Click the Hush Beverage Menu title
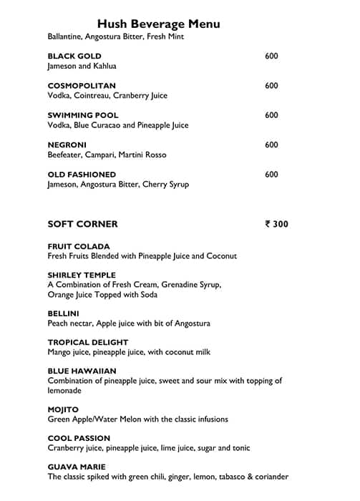pos(158,24)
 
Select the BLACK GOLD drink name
pos(74,56)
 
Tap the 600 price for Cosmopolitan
pos(271,86)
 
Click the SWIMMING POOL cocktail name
pos(83,115)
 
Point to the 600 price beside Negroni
pos(271,145)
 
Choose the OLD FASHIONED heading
pos(82,174)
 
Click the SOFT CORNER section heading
pos(82,224)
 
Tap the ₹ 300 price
pos(276,224)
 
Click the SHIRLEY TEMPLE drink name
pos(82,275)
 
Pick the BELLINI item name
pos(64,313)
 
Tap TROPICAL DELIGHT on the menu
pos(88,342)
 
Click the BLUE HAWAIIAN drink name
pos(82,371)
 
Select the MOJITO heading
pos(63,409)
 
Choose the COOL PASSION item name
pos(79,438)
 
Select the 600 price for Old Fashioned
pos(271,174)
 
